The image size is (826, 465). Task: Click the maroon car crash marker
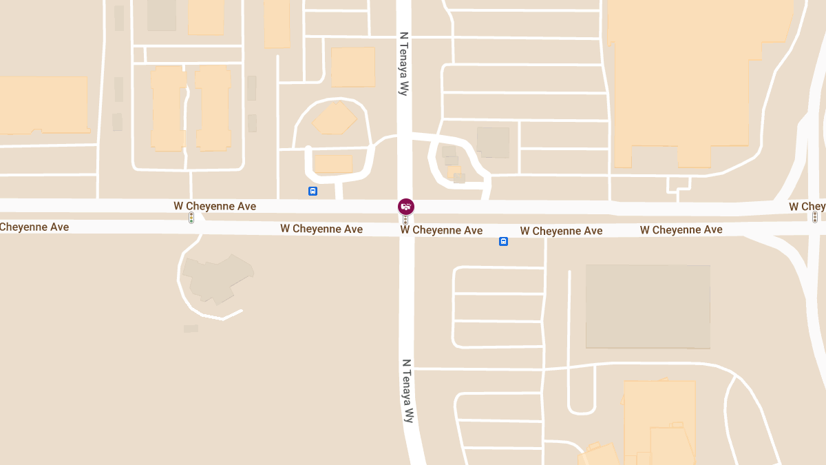[x=406, y=206]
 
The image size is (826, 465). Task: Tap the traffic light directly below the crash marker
[x=405, y=220]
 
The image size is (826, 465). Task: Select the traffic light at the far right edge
[x=815, y=217]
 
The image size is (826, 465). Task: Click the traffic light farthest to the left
[x=191, y=218]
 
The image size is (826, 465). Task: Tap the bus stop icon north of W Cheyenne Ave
[x=313, y=191]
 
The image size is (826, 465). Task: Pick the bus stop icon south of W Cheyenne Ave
[x=503, y=241]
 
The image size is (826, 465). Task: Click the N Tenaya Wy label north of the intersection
[x=404, y=63]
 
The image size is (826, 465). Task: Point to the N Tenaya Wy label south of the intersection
[x=407, y=390]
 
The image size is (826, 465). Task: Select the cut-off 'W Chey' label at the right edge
[x=807, y=207]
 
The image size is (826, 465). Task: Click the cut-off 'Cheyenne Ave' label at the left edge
[x=34, y=227]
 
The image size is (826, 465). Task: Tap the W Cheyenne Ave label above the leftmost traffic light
[x=215, y=206]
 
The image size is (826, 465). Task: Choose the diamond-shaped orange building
[x=334, y=119]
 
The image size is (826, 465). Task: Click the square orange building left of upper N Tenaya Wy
[x=353, y=67]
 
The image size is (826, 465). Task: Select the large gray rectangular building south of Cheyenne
[x=648, y=307]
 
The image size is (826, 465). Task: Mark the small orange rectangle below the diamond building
[x=333, y=164]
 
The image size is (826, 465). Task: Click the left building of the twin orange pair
[x=168, y=108]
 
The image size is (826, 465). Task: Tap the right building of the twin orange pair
[x=213, y=108]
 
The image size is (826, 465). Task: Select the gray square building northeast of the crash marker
[x=493, y=143]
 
